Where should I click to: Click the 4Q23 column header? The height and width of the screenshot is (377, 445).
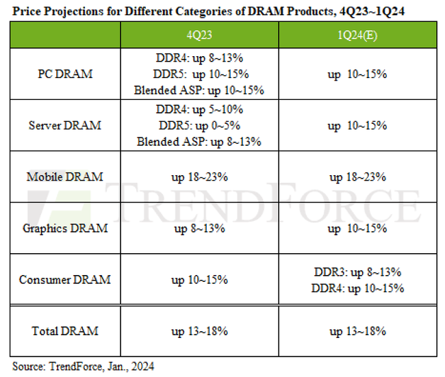click(199, 34)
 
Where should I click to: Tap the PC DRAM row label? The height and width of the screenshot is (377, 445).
click(65, 74)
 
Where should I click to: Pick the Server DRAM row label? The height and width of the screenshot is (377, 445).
click(65, 125)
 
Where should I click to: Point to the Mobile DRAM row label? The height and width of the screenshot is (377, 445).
click(65, 177)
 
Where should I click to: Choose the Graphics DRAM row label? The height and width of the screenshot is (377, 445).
click(65, 228)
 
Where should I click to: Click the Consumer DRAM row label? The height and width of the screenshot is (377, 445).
click(65, 279)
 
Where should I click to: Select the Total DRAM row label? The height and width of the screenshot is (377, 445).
click(65, 330)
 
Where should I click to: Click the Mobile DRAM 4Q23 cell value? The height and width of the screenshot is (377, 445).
click(199, 177)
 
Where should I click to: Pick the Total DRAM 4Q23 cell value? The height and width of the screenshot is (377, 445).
click(199, 330)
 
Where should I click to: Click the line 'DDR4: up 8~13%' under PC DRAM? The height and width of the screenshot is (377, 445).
click(199, 58)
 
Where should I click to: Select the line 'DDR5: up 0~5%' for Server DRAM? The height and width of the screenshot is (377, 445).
click(199, 125)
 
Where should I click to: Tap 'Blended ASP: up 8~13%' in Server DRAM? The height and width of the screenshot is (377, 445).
click(199, 142)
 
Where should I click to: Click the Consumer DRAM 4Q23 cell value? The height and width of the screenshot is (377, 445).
click(199, 279)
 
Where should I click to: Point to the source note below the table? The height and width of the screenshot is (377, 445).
click(84, 366)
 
